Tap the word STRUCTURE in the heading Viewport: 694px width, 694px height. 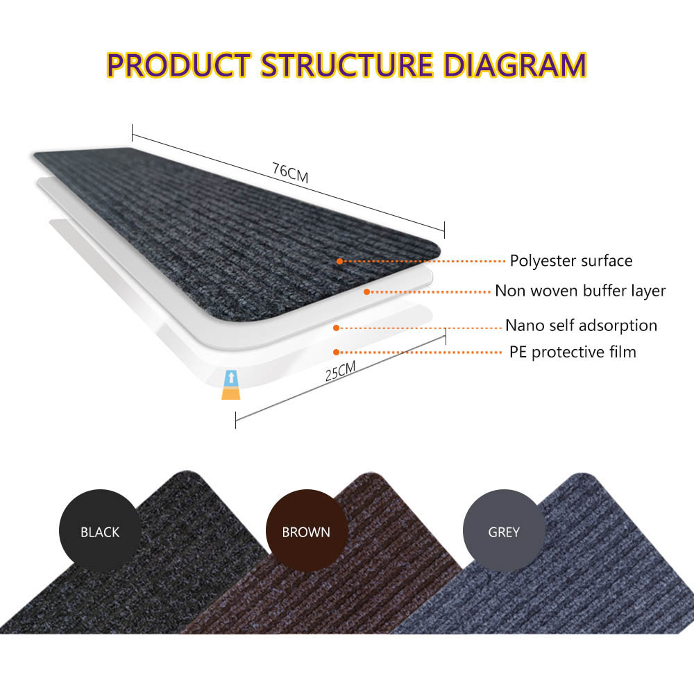(x=346, y=65)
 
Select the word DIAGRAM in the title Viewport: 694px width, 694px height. (x=515, y=65)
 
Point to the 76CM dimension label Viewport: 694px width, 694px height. (x=290, y=173)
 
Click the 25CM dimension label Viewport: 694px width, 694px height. (x=340, y=371)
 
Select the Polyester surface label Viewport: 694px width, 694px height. (x=571, y=261)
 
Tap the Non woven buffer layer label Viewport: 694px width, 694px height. (x=580, y=291)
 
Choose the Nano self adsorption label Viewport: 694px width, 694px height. (x=581, y=325)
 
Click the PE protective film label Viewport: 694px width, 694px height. (x=573, y=353)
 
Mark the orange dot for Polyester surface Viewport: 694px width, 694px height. (x=339, y=261)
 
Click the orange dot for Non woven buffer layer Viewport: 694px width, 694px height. (x=366, y=291)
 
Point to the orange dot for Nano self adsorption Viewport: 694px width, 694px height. (x=337, y=328)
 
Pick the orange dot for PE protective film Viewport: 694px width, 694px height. (x=337, y=353)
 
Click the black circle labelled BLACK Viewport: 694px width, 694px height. (x=100, y=530)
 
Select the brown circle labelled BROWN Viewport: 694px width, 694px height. (x=306, y=530)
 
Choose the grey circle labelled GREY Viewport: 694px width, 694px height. (x=504, y=530)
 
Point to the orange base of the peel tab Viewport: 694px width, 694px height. (x=231, y=393)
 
